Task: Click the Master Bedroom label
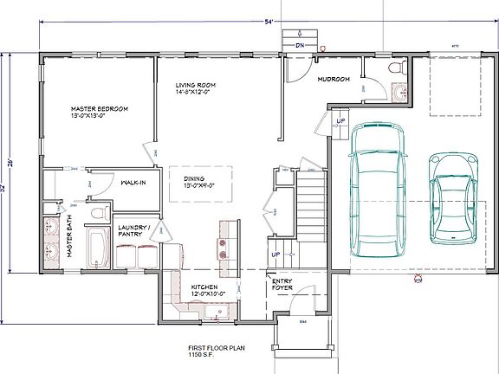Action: point(100,109)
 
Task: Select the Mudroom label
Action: point(334,79)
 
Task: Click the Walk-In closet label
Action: point(132,183)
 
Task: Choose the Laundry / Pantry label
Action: point(136,230)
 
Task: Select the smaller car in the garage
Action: point(452,197)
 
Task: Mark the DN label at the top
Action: point(299,44)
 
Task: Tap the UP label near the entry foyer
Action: point(277,255)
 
